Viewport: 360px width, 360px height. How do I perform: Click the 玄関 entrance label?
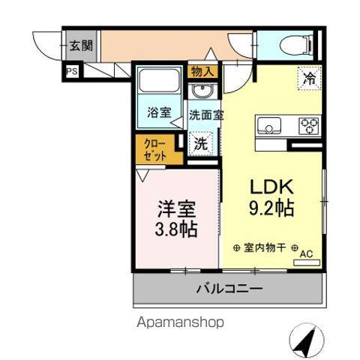pos(81,45)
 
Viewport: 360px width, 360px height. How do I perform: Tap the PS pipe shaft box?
pos(72,72)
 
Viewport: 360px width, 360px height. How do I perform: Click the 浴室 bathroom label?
pos(158,113)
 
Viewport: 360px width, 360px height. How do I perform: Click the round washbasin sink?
pos(201,92)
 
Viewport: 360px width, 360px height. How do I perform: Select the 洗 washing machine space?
pos(201,142)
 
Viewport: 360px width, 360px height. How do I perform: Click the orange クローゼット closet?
pos(157,149)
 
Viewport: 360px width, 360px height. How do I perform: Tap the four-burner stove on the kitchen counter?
pos(308,125)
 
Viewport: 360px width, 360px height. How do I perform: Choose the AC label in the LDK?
pos(305,254)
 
